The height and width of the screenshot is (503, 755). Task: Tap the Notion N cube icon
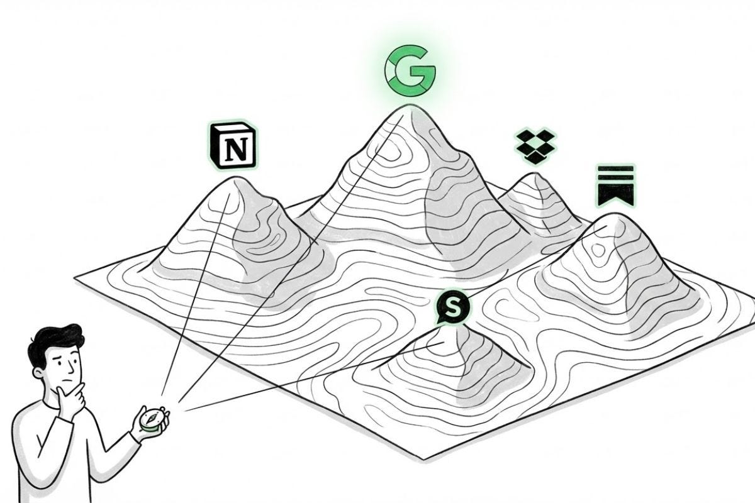232,146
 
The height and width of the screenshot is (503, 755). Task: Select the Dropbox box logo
537,146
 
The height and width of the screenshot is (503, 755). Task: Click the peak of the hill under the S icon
449,329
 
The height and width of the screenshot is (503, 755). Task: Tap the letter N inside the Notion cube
236,150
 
